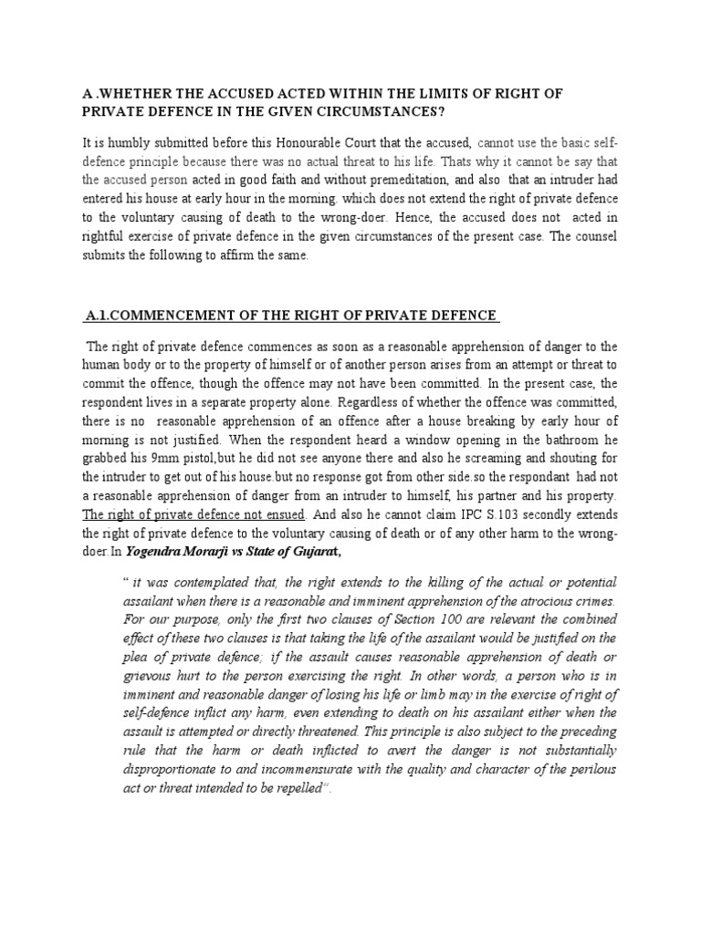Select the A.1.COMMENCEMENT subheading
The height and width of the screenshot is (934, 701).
[290, 317]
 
